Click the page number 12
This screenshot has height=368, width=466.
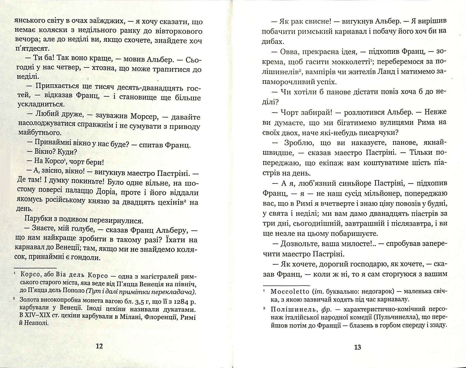pyautogui.click(x=99, y=346)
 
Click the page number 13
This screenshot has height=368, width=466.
pyautogui.click(x=357, y=347)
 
